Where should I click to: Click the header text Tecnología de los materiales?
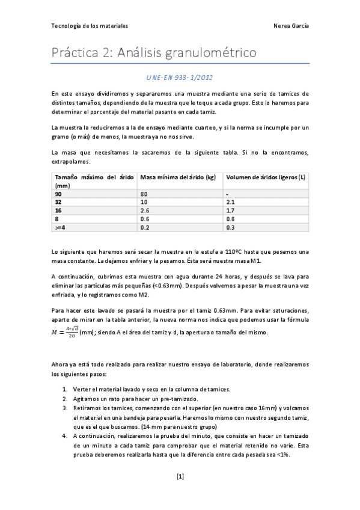point(90,26)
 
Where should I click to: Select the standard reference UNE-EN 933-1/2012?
point(180,78)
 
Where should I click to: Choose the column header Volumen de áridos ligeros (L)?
point(265,177)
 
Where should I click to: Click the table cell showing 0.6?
point(145,220)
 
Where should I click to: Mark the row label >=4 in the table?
point(59,228)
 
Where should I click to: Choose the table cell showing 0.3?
point(230,228)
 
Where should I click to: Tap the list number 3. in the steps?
point(65,408)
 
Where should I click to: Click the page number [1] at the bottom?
point(180,477)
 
